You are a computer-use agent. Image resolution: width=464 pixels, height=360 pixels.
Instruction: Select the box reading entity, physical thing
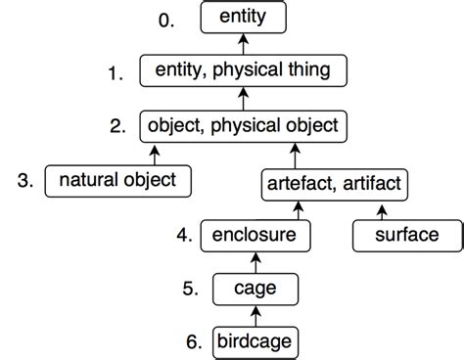coord(243,70)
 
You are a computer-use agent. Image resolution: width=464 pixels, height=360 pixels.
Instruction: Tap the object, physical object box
coord(242,125)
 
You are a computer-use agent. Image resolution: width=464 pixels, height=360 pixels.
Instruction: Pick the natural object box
coord(117,180)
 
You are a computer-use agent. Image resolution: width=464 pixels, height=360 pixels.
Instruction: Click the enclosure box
coord(255,236)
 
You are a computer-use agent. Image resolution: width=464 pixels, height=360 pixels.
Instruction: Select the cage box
coord(255,289)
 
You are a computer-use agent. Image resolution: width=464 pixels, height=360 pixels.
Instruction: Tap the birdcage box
coord(255,341)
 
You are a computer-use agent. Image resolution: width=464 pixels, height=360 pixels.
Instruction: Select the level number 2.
coord(117,126)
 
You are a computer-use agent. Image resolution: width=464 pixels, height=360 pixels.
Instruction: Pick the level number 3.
coord(26,180)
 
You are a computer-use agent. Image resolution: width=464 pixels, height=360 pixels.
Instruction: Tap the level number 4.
coord(183,236)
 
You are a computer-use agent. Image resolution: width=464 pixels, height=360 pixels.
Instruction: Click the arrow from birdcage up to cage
coord(255,316)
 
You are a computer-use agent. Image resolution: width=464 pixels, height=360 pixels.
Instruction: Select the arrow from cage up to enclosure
coord(255,262)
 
